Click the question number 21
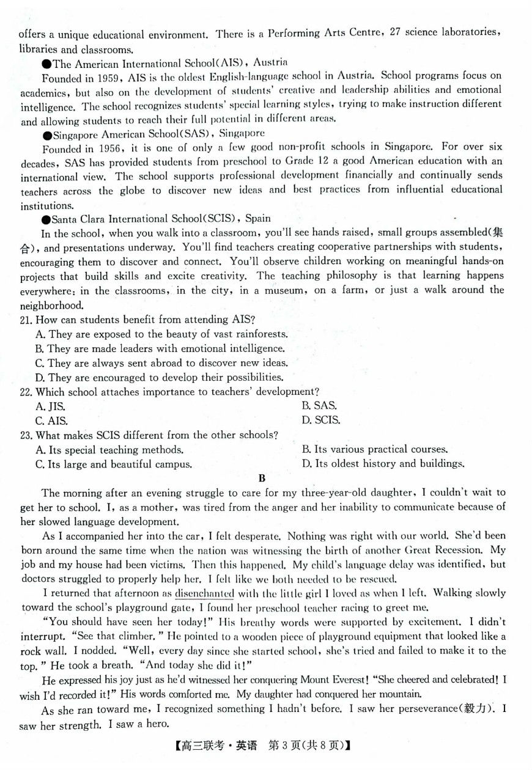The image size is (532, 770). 26,320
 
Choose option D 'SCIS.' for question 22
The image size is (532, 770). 320,420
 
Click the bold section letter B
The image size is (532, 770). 262,479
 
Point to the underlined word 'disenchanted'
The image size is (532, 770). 204,593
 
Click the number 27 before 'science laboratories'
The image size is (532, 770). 394,32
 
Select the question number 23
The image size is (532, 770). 26,435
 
